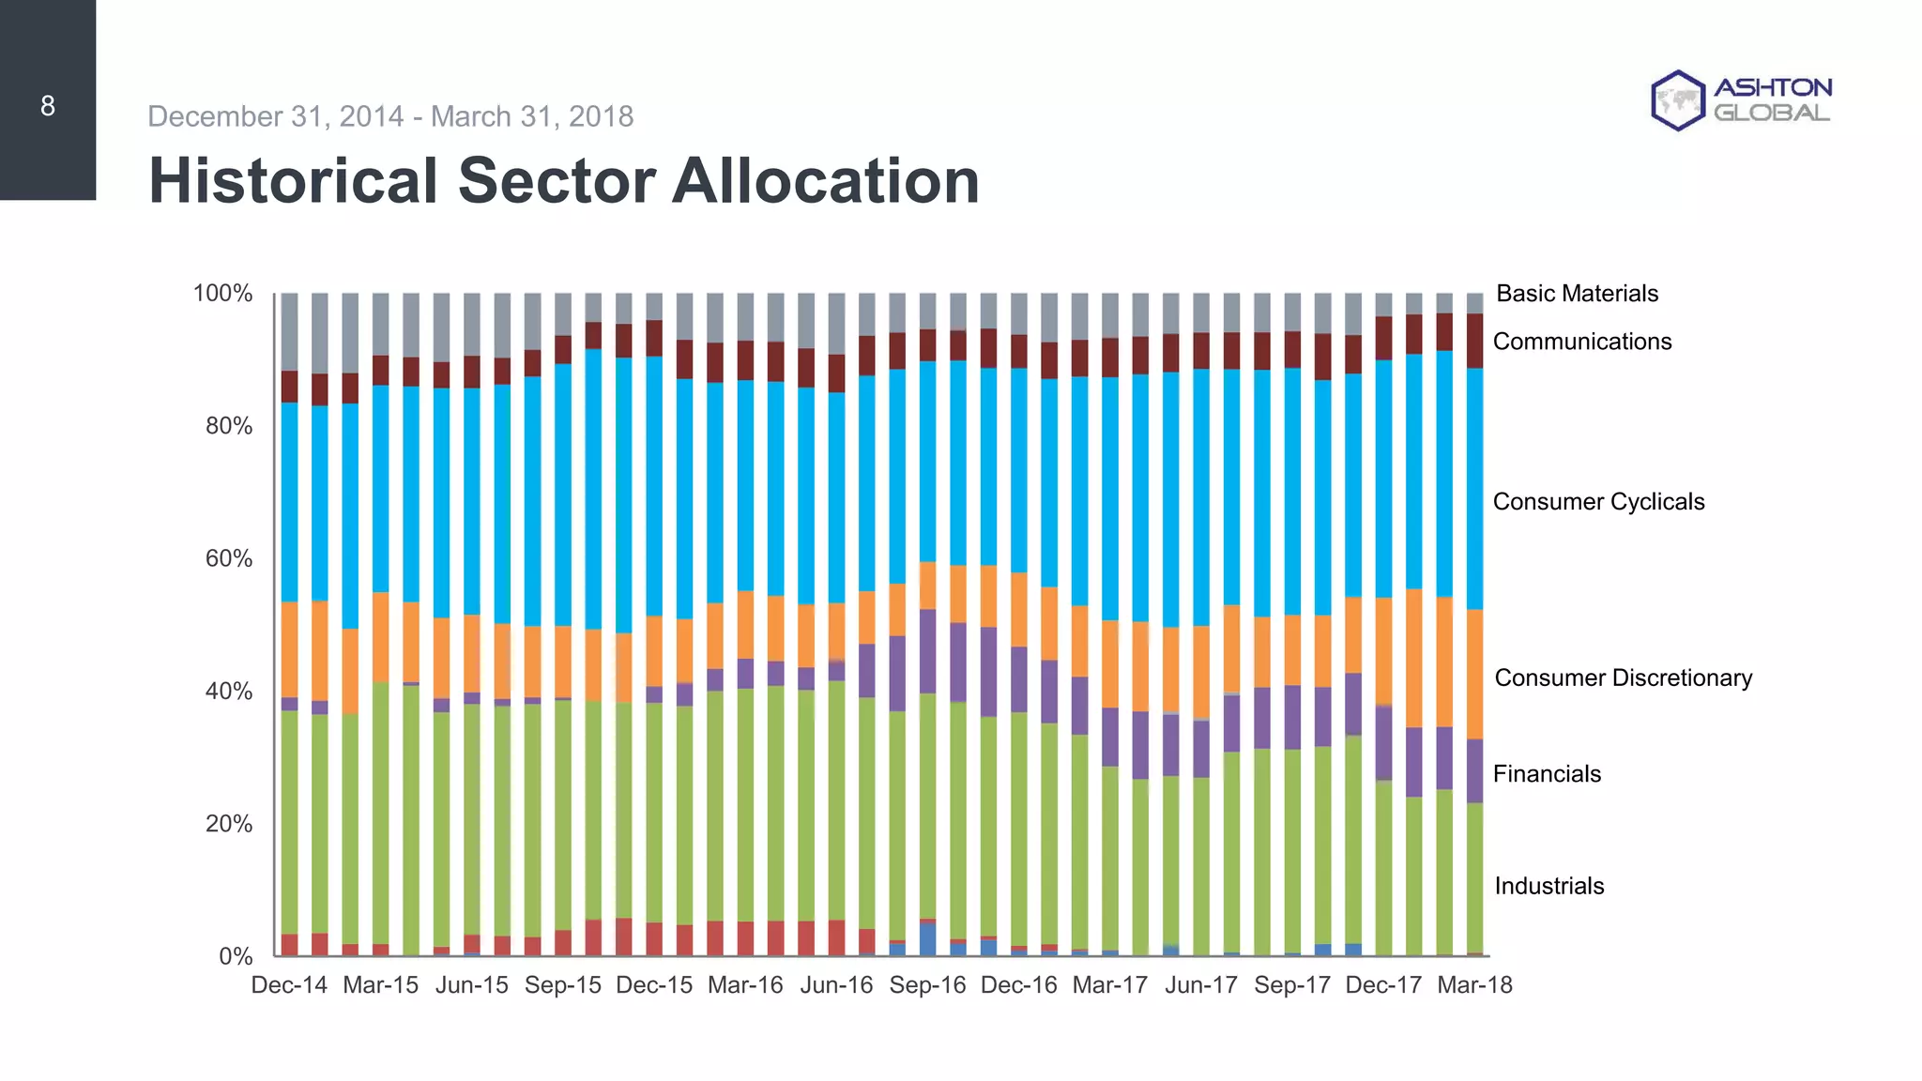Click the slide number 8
[48, 106]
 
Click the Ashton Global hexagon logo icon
[1677, 100]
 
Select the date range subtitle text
[390, 116]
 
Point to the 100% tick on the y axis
[222, 294]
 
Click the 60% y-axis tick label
[229, 559]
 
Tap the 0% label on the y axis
[236, 957]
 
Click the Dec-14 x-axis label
[289, 985]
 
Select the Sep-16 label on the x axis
[927, 985]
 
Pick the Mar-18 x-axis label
[1474, 985]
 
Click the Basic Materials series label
[1577, 294]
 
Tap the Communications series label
[1582, 342]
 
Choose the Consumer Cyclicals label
[1598, 502]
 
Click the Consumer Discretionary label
[1623, 678]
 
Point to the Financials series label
[1547, 774]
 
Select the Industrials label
[1548, 886]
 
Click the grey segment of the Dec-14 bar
[289, 330]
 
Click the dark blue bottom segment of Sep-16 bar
[927, 940]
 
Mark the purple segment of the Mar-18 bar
[1474, 770]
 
